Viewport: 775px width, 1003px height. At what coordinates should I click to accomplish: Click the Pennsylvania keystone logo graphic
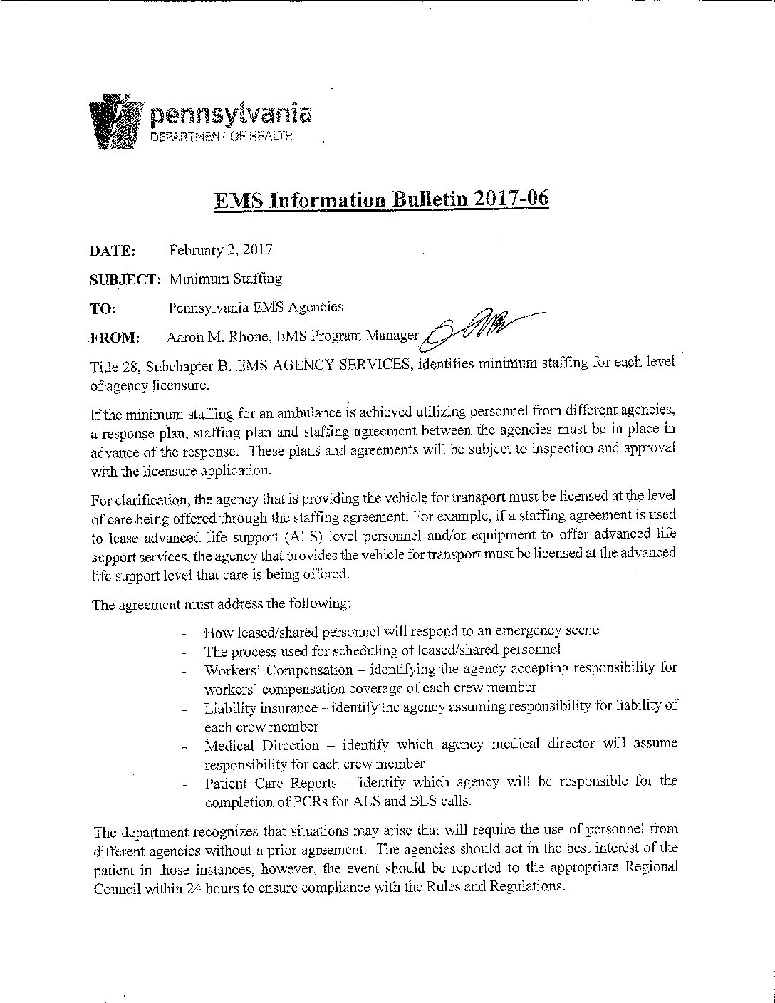(114, 121)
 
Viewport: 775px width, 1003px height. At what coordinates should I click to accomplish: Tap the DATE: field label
(113, 251)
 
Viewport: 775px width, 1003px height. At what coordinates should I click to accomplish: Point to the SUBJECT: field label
(126, 279)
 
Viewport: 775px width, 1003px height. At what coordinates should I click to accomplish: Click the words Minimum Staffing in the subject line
(225, 279)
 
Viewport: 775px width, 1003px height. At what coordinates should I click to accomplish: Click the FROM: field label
(115, 338)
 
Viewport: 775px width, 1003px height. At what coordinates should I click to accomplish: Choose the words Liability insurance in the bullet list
(261, 708)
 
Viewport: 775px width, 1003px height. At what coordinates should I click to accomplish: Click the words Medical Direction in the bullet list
(261, 746)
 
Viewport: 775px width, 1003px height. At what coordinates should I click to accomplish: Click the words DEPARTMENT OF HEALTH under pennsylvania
(221, 136)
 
